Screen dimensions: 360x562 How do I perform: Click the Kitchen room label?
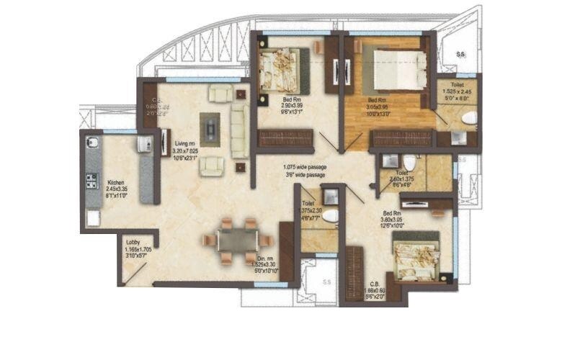click(117, 183)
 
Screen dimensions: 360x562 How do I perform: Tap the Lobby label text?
click(133, 243)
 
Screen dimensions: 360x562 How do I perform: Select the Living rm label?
click(185, 143)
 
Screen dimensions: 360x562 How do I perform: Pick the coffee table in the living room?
click(210, 130)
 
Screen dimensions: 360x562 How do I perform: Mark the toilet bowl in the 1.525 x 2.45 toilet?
click(469, 117)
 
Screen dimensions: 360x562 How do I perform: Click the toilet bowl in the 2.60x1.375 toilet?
click(409, 163)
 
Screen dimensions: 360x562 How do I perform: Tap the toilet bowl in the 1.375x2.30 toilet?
click(330, 215)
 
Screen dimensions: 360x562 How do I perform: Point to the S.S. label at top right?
click(460, 55)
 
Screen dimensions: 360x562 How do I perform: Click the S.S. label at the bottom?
click(326, 282)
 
